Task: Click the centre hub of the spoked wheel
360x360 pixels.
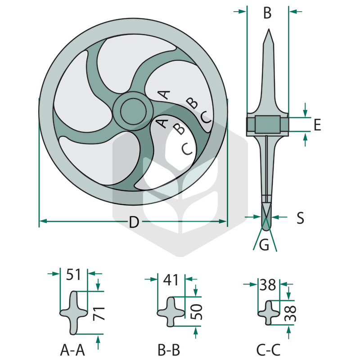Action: click(x=133, y=111)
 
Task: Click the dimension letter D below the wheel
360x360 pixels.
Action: click(x=134, y=222)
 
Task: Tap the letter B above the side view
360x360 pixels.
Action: click(x=267, y=13)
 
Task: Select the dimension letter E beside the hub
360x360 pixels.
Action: click(x=317, y=125)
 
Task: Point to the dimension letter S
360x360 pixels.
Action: click(x=300, y=218)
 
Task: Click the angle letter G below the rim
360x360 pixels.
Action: click(x=264, y=245)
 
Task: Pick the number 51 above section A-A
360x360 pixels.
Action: click(x=73, y=274)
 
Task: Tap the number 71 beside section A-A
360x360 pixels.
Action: click(x=99, y=314)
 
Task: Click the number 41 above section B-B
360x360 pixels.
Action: click(x=171, y=280)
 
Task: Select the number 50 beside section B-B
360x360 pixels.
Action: click(x=197, y=311)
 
